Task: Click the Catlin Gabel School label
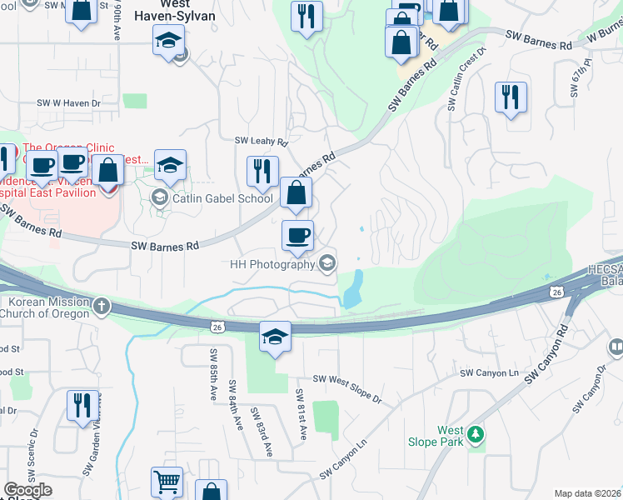[222, 198]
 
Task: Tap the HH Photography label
[272, 264]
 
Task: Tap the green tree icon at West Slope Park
[476, 434]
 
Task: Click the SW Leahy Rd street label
[261, 142]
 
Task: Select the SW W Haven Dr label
[68, 103]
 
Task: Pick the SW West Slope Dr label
[346, 390]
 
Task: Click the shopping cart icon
[167, 482]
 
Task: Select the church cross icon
[102, 305]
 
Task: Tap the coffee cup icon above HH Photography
[297, 236]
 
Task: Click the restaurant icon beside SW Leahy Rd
[262, 171]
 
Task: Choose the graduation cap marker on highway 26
[275, 337]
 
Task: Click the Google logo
[27, 491]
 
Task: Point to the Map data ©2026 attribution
[588, 493]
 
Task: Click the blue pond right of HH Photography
[353, 289]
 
